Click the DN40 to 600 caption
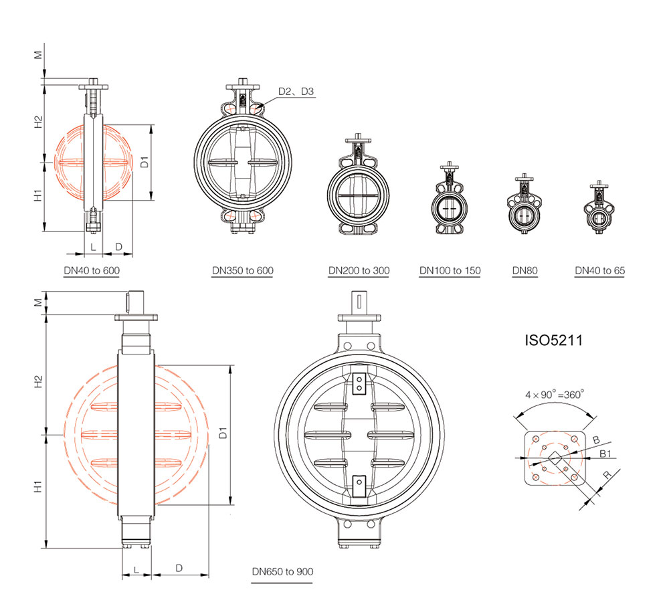point(92,270)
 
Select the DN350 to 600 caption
point(243,270)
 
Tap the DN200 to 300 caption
point(359,270)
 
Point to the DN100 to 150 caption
point(450,270)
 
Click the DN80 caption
point(524,270)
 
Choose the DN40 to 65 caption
point(600,270)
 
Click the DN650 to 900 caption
point(282,572)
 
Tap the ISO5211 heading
point(553,340)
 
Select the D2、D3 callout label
point(296,91)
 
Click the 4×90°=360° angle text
point(555,395)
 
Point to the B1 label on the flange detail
point(605,454)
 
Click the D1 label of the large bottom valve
point(223,433)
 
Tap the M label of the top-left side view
point(38,55)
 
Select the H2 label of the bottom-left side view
point(38,381)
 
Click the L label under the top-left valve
point(94,247)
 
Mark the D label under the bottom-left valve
point(179,568)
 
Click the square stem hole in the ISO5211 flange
point(555,458)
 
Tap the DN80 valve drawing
point(524,204)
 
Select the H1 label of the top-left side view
point(38,195)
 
